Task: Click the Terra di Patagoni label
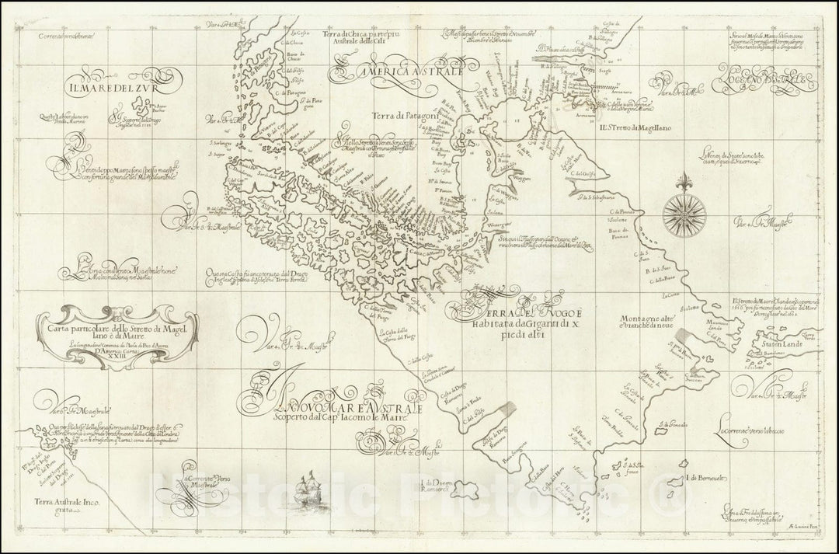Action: point(419,113)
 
